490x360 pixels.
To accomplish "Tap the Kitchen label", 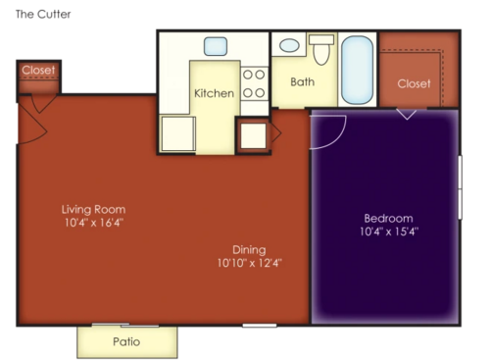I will coord(214,94).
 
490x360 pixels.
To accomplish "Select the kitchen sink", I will coord(216,45).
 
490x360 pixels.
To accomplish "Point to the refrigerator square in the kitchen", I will coord(178,134).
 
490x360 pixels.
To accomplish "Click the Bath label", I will coord(302,82).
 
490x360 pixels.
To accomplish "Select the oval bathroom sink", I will coord(290,45).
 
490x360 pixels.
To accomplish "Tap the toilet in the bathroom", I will coord(321,49).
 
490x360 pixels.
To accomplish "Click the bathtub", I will coord(357,70).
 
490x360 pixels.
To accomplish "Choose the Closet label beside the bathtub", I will coord(414,83).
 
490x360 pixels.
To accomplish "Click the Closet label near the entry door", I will coord(38,71).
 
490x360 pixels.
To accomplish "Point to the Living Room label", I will coord(93,209).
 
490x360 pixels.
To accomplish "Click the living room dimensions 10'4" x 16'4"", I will coord(93,223).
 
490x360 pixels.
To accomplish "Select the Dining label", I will coord(249,249).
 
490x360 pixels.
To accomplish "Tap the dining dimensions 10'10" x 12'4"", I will coord(249,263).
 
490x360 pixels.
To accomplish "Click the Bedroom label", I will coord(388,218).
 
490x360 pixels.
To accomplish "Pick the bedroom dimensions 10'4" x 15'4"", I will coord(388,231).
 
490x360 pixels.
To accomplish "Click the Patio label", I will coord(126,342).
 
